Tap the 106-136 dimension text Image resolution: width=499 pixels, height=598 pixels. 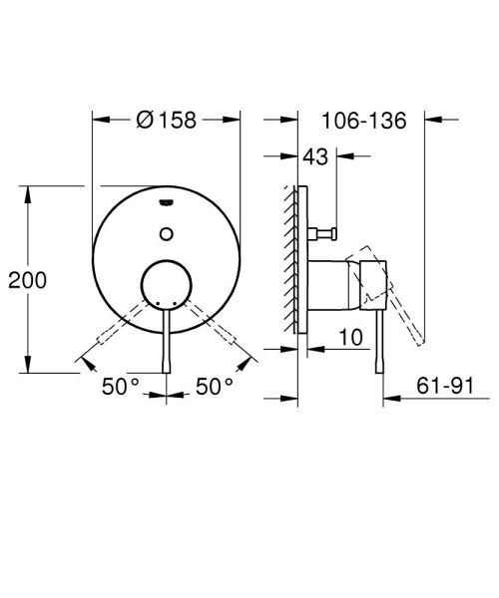click(x=365, y=121)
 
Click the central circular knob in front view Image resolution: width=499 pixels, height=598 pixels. click(x=166, y=286)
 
